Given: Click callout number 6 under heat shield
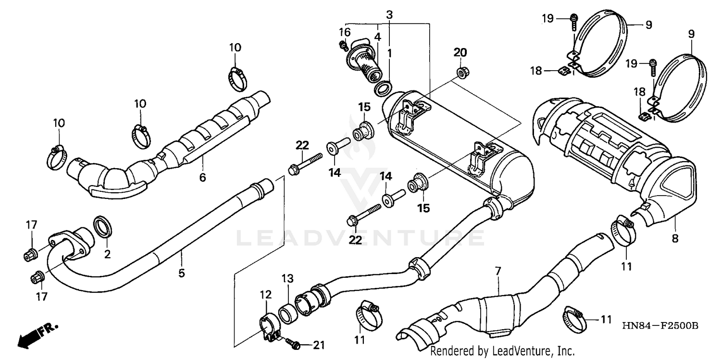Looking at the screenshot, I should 202,178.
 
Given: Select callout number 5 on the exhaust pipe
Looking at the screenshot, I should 181,273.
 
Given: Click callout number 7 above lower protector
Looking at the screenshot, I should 497,272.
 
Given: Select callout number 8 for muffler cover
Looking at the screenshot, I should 675,238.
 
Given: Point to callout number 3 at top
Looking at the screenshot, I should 389,14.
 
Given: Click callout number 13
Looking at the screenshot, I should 287,279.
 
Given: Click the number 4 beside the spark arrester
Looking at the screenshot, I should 377,37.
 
